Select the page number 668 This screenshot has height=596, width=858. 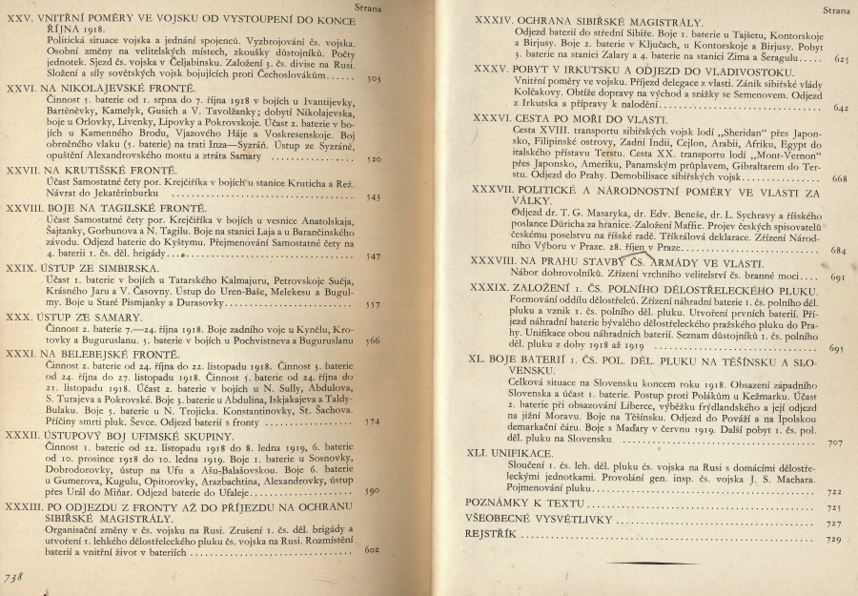click(840, 180)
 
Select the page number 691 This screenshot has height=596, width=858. click(838, 277)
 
